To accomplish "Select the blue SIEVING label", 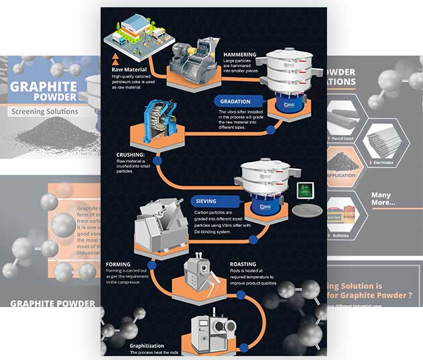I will (211, 201).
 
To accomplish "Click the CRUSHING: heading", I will (130, 155).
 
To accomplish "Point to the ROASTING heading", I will (243, 264).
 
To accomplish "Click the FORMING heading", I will (119, 264).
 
